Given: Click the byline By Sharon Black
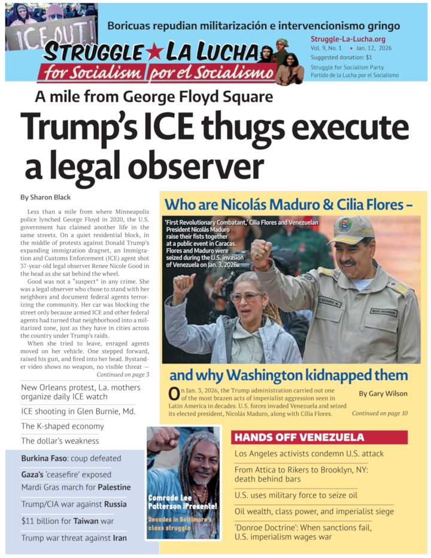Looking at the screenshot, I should pyautogui.click(x=45, y=197).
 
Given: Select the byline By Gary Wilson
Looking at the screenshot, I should pyautogui.click(x=383, y=393).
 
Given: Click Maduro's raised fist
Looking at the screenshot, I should pyautogui.click(x=261, y=252).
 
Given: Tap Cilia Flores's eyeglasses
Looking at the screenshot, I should pyautogui.click(x=244, y=298).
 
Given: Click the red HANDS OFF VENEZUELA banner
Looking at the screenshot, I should pyautogui.click(x=320, y=437).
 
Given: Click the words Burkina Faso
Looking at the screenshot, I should pyautogui.click(x=45, y=458).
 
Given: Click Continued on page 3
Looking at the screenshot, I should pyautogui.click(x=123, y=375).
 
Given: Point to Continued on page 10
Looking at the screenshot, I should pyautogui.click(x=380, y=413).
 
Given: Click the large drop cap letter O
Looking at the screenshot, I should pyautogui.click(x=174, y=393).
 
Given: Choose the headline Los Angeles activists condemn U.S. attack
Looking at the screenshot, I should pyautogui.click(x=309, y=454).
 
